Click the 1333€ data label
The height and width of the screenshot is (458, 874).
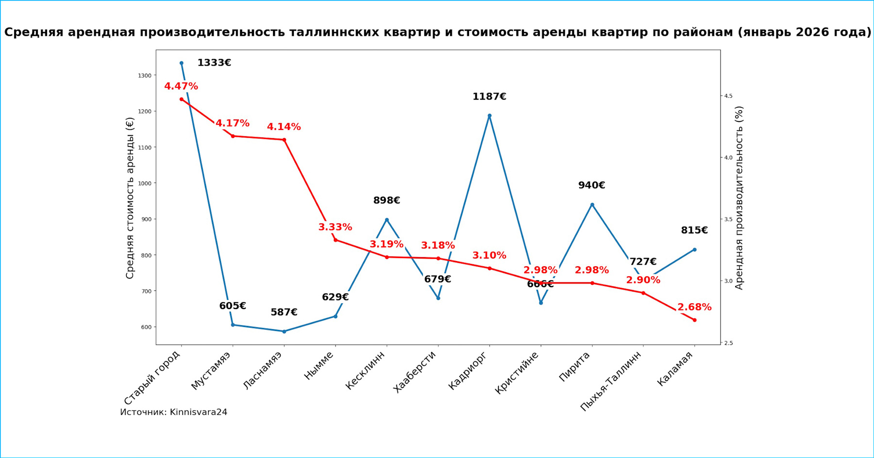coord(214,63)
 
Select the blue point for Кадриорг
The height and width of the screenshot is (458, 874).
coord(489,116)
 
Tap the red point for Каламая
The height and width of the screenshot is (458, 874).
coord(694,320)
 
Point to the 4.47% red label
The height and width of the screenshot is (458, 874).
coord(181,86)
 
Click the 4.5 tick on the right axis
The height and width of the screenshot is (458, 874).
coord(728,96)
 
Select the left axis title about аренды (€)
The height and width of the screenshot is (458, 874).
coord(130,198)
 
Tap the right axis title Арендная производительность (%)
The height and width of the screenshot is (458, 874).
coord(739,198)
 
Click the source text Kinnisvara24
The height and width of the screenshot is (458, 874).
coord(199,412)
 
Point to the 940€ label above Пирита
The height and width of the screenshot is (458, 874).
coord(591,185)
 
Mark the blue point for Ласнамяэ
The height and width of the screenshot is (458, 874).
coord(284,331)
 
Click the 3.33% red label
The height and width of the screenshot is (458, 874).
coord(335,227)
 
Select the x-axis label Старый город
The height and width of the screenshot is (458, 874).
coord(152,377)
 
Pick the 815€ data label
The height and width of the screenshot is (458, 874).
coord(694,230)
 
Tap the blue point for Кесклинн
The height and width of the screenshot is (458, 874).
coord(387,220)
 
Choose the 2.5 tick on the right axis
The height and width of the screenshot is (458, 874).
coord(728,343)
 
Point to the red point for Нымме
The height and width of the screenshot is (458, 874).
coord(336,240)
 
